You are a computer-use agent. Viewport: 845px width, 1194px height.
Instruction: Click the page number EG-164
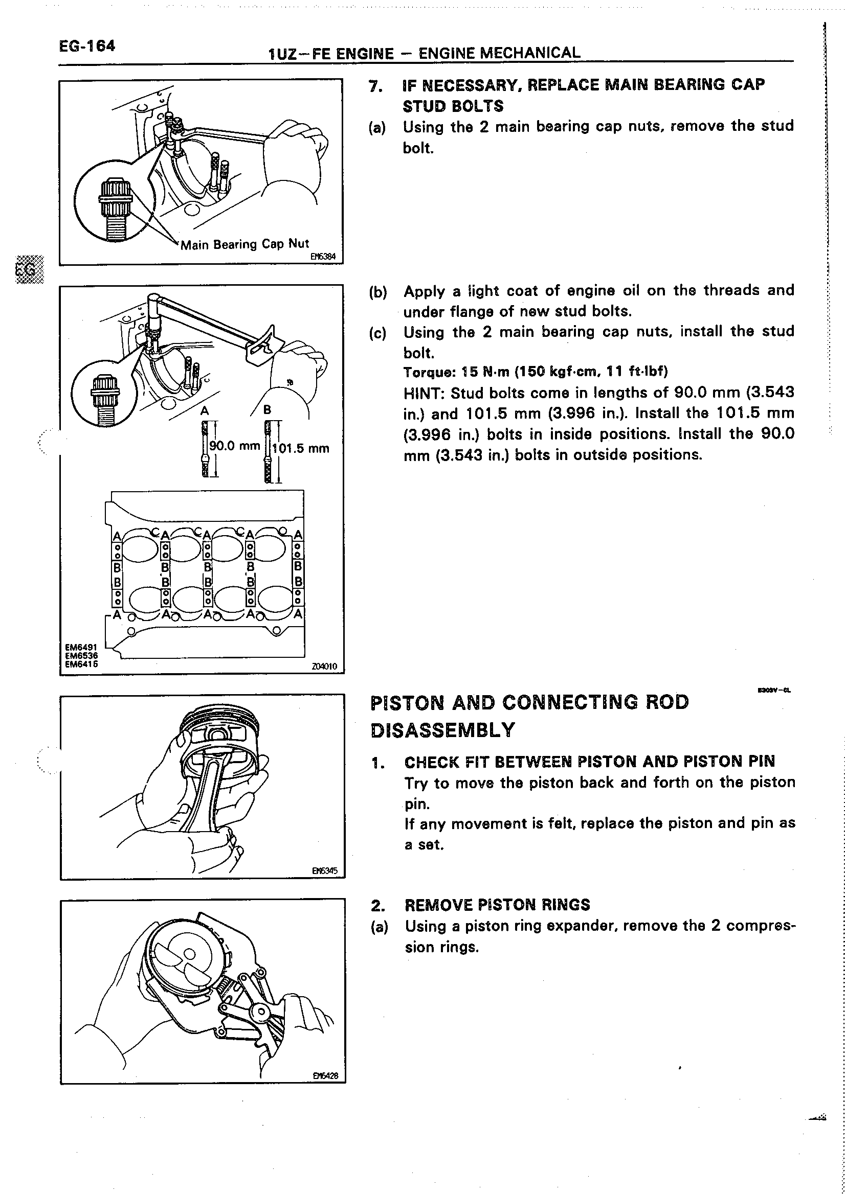pyautogui.click(x=87, y=47)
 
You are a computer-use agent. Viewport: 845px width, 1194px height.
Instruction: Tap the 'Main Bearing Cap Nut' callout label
pyautogui.click(x=244, y=244)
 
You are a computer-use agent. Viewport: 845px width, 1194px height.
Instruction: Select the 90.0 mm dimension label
pyautogui.click(x=234, y=446)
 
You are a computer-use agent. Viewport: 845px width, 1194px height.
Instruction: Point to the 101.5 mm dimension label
pyautogui.click(x=301, y=448)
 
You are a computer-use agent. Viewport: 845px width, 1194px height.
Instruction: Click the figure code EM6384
pyautogui.click(x=323, y=257)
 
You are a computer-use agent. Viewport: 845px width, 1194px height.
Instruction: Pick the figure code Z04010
pyautogui.click(x=325, y=666)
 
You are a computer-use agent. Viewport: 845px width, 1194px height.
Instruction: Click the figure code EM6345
pyautogui.click(x=325, y=870)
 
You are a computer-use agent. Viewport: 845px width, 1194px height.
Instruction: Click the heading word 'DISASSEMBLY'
pyautogui.click(x=443, y=730)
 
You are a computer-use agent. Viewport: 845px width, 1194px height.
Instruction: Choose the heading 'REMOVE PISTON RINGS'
pyautogui.click(x=497, y=905)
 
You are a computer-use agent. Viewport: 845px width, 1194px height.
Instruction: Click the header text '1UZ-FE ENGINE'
pyautogui.click(x=331, y=54)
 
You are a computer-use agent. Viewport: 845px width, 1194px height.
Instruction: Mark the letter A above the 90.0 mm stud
pyautogui.click(x=205, y=411)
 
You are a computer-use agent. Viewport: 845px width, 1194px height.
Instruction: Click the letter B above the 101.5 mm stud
pyautogui.click(x=267, y=410)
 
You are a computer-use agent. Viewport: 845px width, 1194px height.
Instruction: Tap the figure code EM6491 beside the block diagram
pyautogui.click(x=81, y=648)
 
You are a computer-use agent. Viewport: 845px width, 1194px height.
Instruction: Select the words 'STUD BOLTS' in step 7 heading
pyautogui.click(x=453, y=107)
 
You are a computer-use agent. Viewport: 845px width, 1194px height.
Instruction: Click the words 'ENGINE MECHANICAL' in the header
pyautogui.click(x=499, y=53)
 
